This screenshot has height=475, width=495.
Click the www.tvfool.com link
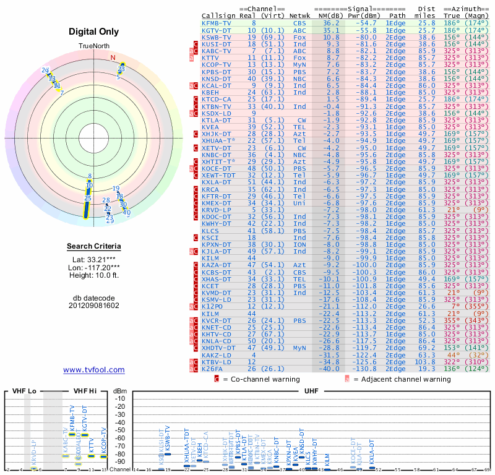[x=94, y=370]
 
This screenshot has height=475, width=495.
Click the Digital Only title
[x=94, y=32]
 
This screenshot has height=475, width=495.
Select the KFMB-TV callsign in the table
[x=217, y=23]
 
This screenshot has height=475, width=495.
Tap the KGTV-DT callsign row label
[x=217, y=30]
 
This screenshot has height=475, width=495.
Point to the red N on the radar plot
[x=113, y=58]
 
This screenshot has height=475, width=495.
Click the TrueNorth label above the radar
[x=94, y=46]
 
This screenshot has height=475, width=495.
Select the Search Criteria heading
[x=94, y=247]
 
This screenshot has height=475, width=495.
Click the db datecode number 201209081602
[x=94, y=306]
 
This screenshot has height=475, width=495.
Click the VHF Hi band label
[x=84, y=391]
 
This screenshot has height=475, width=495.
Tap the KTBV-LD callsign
[x=217, y=362]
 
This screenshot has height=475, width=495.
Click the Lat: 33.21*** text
[x=94, y=259]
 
